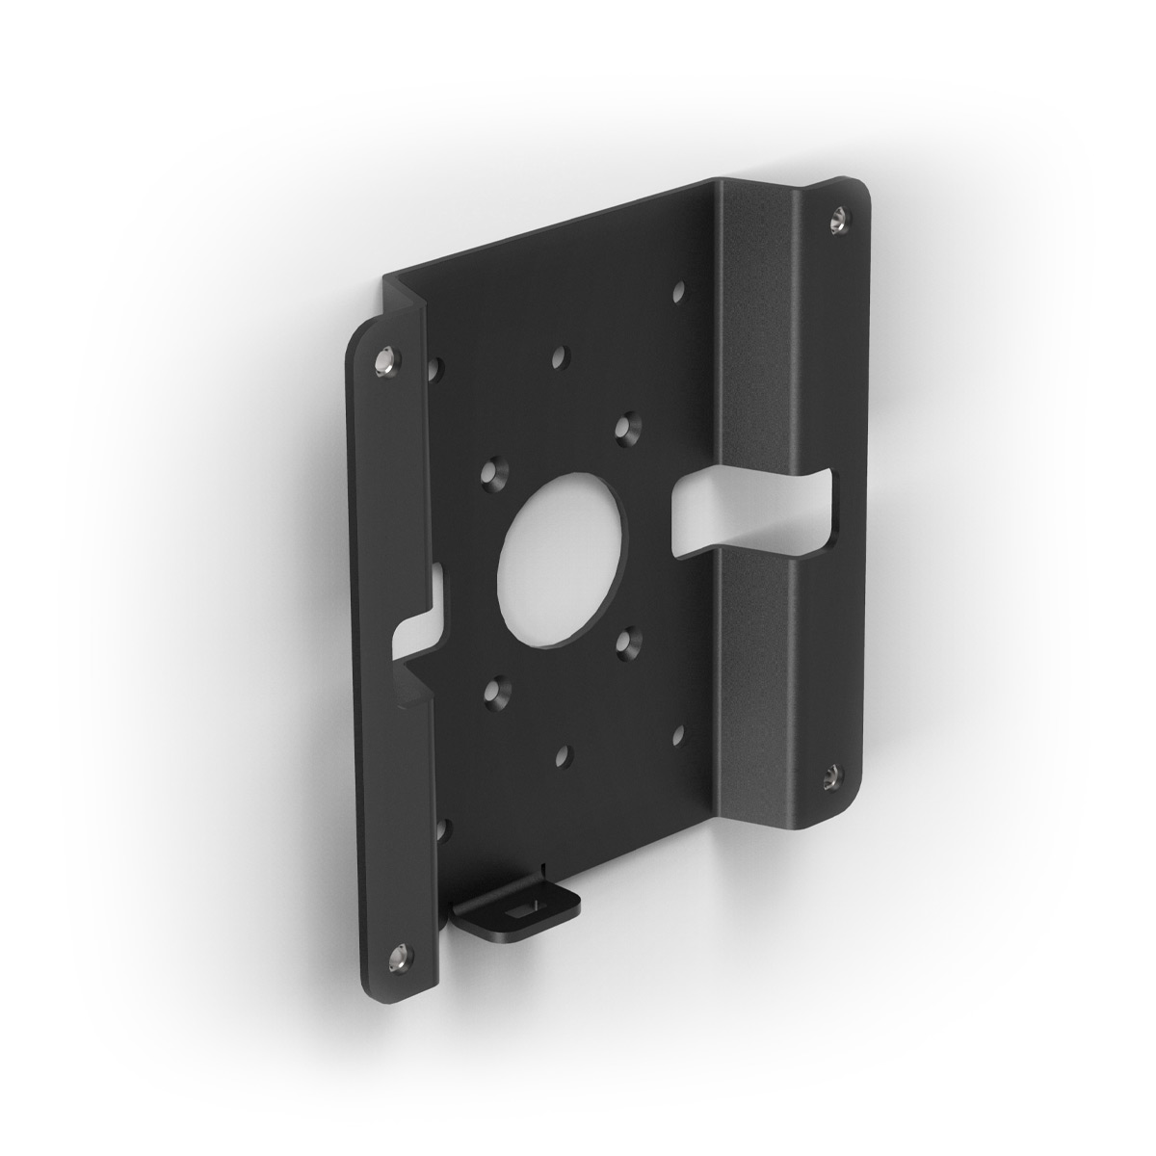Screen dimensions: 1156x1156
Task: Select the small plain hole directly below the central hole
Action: (561, 757)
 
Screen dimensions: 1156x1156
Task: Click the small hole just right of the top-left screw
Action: (437, 366)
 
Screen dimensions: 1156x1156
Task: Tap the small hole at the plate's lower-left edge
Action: (441, 827)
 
